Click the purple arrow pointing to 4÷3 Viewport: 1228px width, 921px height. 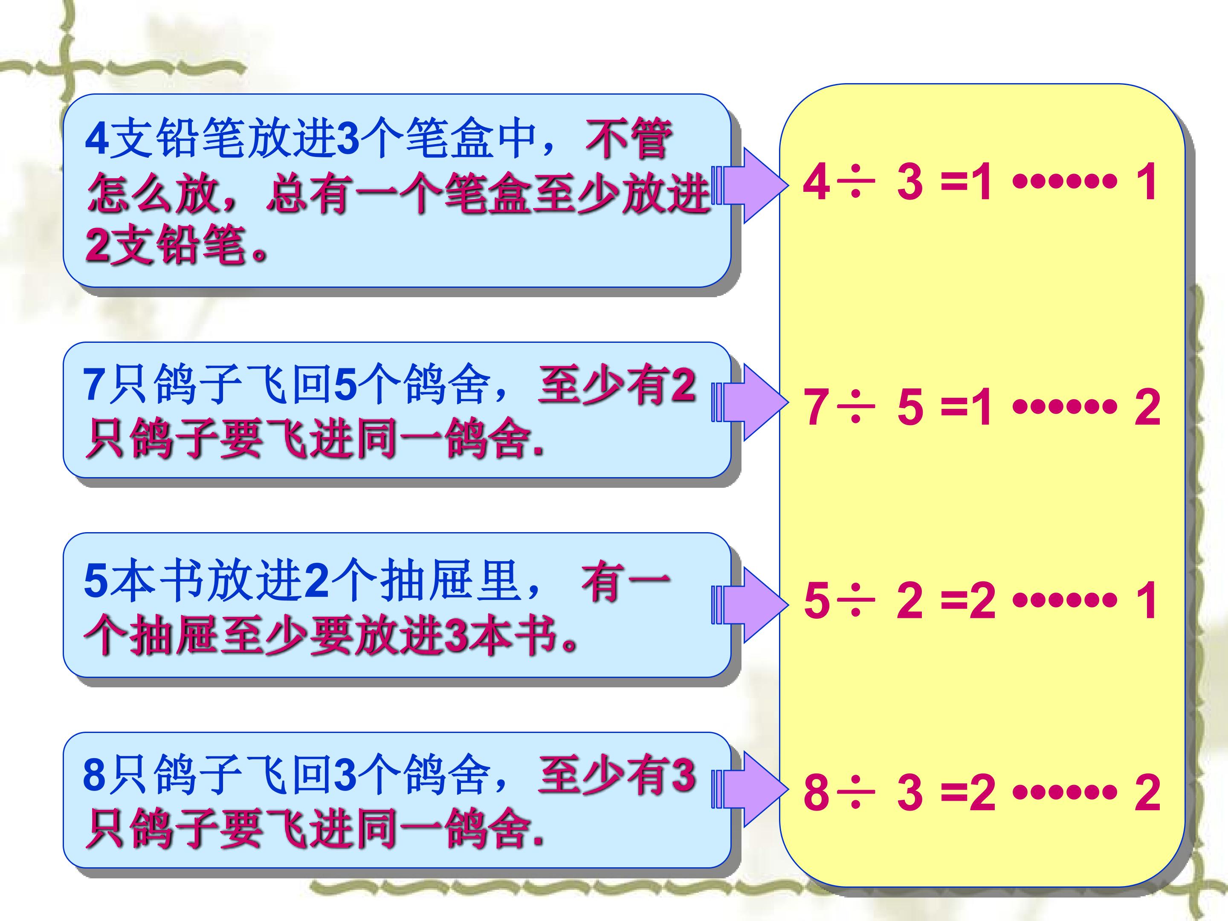(750, 185)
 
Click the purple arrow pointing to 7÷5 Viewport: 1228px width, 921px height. (750, 403)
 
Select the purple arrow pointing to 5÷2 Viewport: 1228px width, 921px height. (750, 605)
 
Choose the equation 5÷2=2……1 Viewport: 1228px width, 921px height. (980, 600)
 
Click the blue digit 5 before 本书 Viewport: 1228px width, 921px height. (95, 581)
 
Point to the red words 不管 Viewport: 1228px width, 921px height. (628, 139)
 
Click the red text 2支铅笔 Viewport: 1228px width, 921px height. (166, 245)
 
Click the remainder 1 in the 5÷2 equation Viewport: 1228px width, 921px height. (1147, 600)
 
